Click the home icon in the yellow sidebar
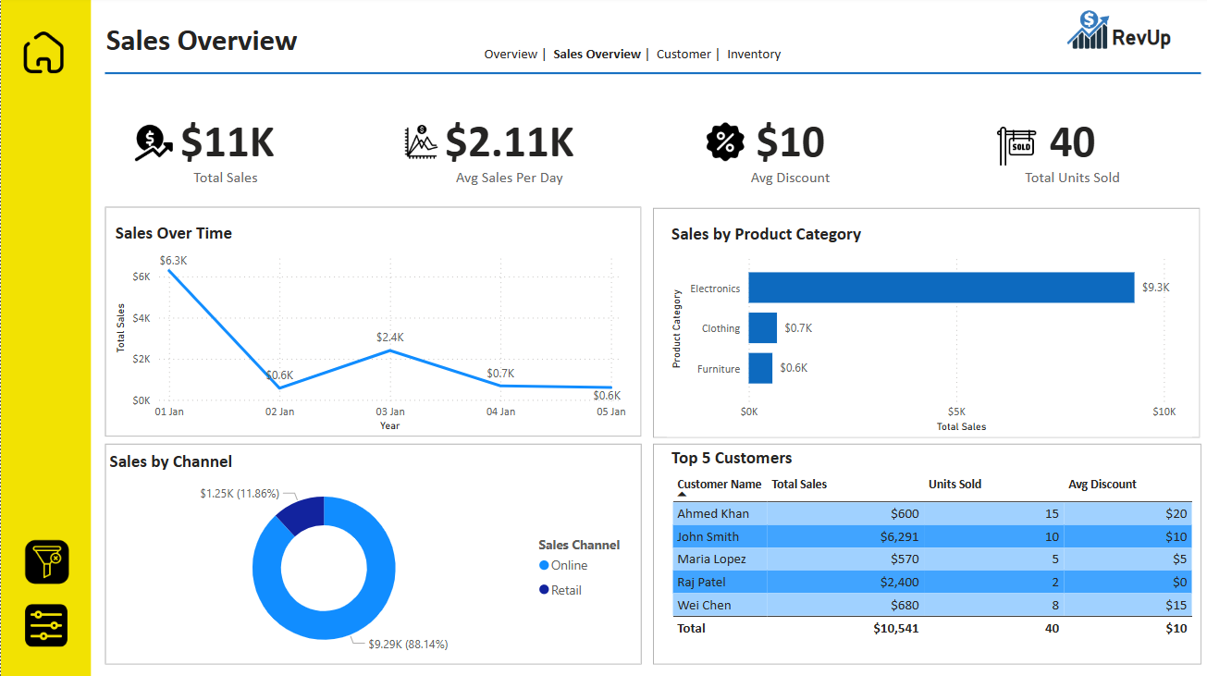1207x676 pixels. (44, 53)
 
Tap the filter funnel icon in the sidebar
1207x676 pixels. (46, 560)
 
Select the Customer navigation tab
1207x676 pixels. (684, 55)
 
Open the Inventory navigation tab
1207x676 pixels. (754, 55)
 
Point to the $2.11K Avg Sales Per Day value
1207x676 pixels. (510, 142)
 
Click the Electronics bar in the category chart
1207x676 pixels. (941, 288)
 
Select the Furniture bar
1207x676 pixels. (760, 368)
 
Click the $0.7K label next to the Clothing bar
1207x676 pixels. (798, 328)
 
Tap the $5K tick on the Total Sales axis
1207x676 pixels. (956, 412)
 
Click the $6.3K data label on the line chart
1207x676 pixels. (173, 261)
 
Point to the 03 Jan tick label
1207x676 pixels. (390, 412)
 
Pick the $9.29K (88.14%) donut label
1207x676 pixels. (408, 644)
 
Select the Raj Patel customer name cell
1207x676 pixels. (701, 583)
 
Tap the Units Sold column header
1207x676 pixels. (955, 485)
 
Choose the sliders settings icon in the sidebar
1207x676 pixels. (46, 625)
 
